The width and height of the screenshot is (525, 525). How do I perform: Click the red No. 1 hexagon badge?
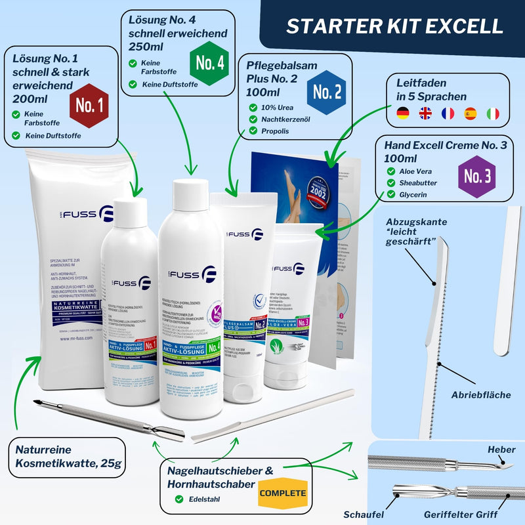pos(88,104)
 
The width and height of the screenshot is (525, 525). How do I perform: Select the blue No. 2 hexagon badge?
pos(326,92)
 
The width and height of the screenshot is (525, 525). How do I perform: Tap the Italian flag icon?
pos(492,114)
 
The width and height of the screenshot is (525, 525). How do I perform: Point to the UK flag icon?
pos(426,114)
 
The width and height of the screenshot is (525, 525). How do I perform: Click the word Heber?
pos(501,450)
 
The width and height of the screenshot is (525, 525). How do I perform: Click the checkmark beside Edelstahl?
pos(178,499)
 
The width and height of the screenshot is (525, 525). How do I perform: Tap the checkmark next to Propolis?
pos(253,131)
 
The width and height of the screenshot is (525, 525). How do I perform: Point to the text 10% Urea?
pos(281,107)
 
